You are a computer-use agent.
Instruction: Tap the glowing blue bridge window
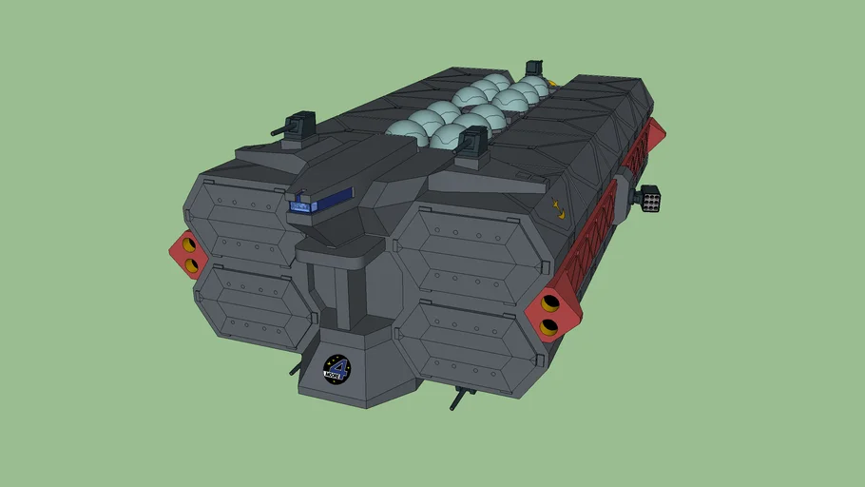pos(301,205)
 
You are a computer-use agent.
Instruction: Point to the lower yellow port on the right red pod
pos(548,327)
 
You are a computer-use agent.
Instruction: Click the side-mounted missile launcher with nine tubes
pos(651,198)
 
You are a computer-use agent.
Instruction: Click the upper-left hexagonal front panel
pos(250,215)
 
